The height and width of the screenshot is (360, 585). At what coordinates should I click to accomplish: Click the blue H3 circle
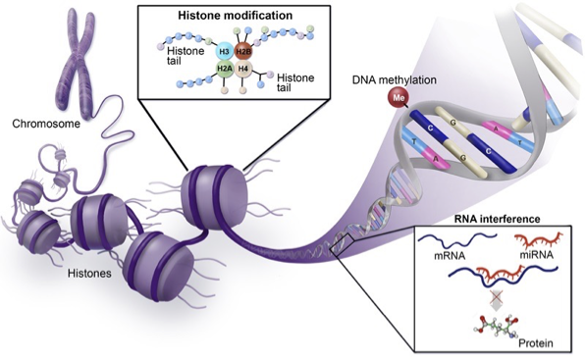click(x=224, y=49)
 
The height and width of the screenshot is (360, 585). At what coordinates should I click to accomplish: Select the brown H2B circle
click(x=245, y=50)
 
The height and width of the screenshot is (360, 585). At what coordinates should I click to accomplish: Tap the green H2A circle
click(x=225, y=70)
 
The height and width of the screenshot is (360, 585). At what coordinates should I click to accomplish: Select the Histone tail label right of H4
click(x=294, y=80)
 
